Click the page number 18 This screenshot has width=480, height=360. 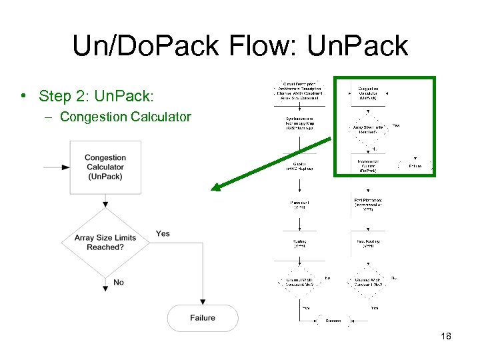coord(446,336)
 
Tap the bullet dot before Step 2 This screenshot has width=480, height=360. coord(23,96)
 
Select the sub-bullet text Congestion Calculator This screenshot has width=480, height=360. coord(125,117)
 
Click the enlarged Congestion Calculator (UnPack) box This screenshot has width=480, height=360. coord(105,167)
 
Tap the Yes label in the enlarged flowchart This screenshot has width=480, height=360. coord(163,233)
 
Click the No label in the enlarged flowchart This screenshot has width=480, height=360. coord(119,282)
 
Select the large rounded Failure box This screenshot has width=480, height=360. coord(203,318)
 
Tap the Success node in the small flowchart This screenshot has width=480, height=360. coord(333,320)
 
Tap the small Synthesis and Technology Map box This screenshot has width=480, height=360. coord(300,125)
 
